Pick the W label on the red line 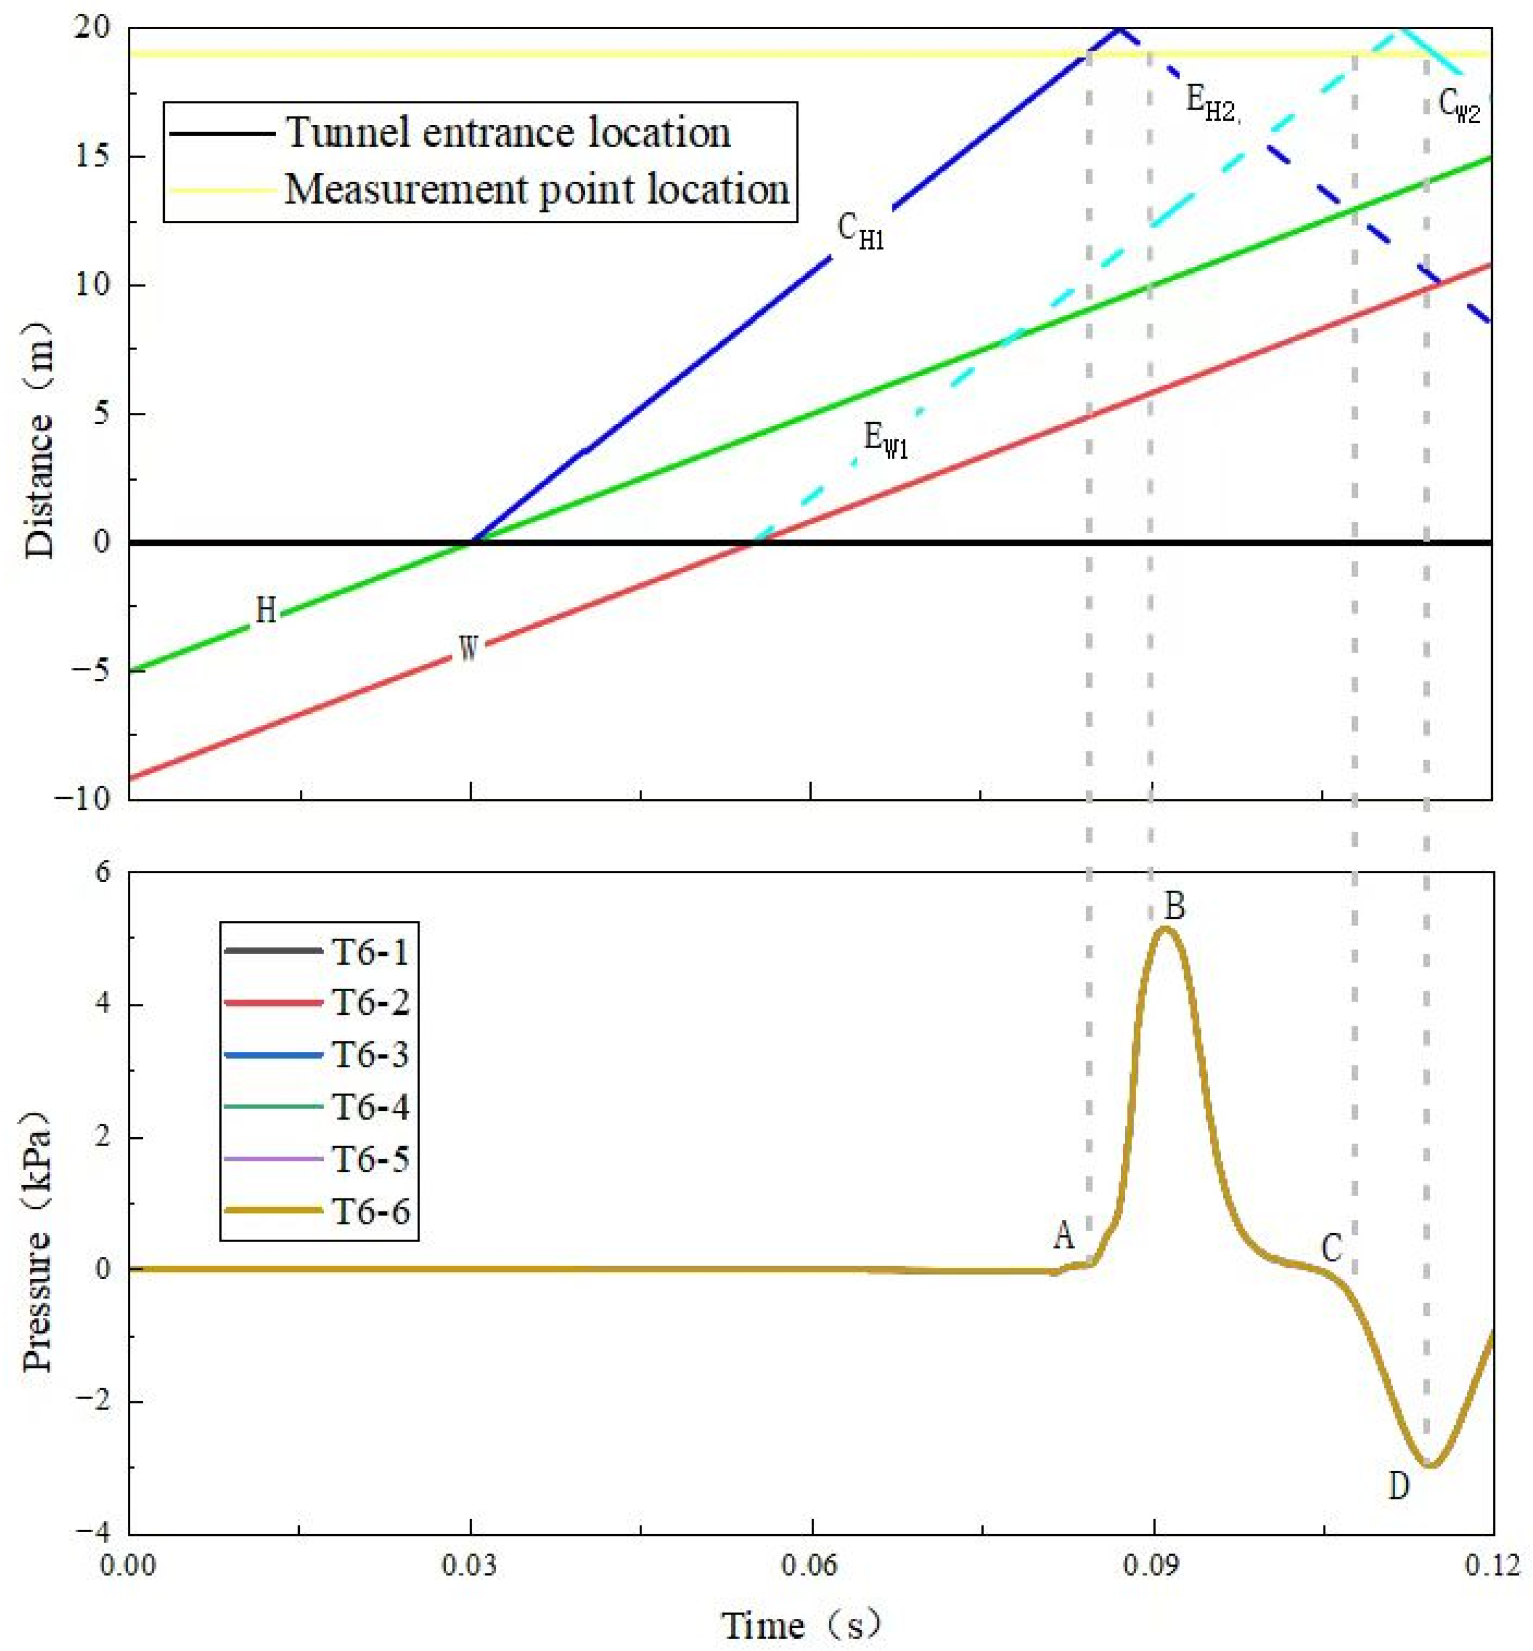pyautogui.click(x=469, y=648)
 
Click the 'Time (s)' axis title pyautogui.click(x=801, y=1625)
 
